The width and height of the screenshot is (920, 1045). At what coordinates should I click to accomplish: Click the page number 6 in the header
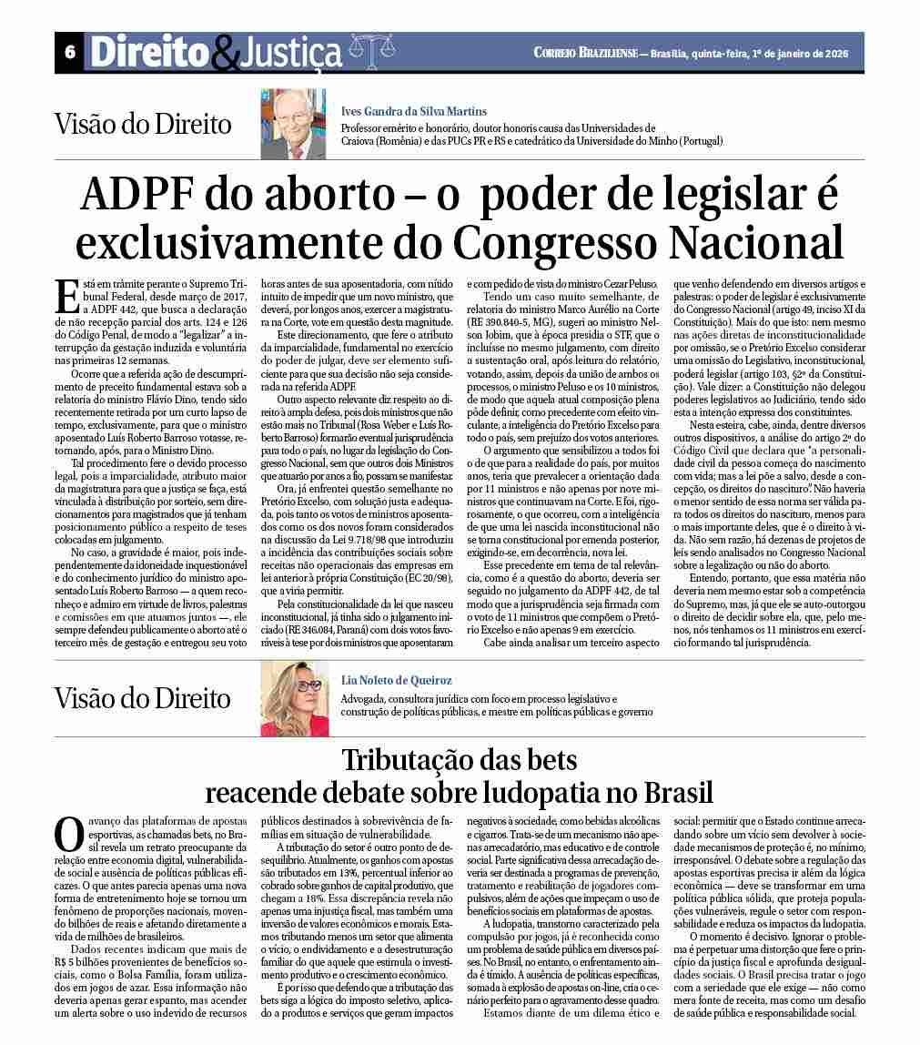click(x=69, y=53)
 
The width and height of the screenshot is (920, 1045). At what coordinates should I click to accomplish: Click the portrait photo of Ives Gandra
click(x=293, y=123)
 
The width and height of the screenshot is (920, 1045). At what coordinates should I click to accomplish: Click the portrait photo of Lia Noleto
click(x=294, y=698)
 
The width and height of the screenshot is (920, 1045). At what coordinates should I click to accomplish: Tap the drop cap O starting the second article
click(x=68, y=832)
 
